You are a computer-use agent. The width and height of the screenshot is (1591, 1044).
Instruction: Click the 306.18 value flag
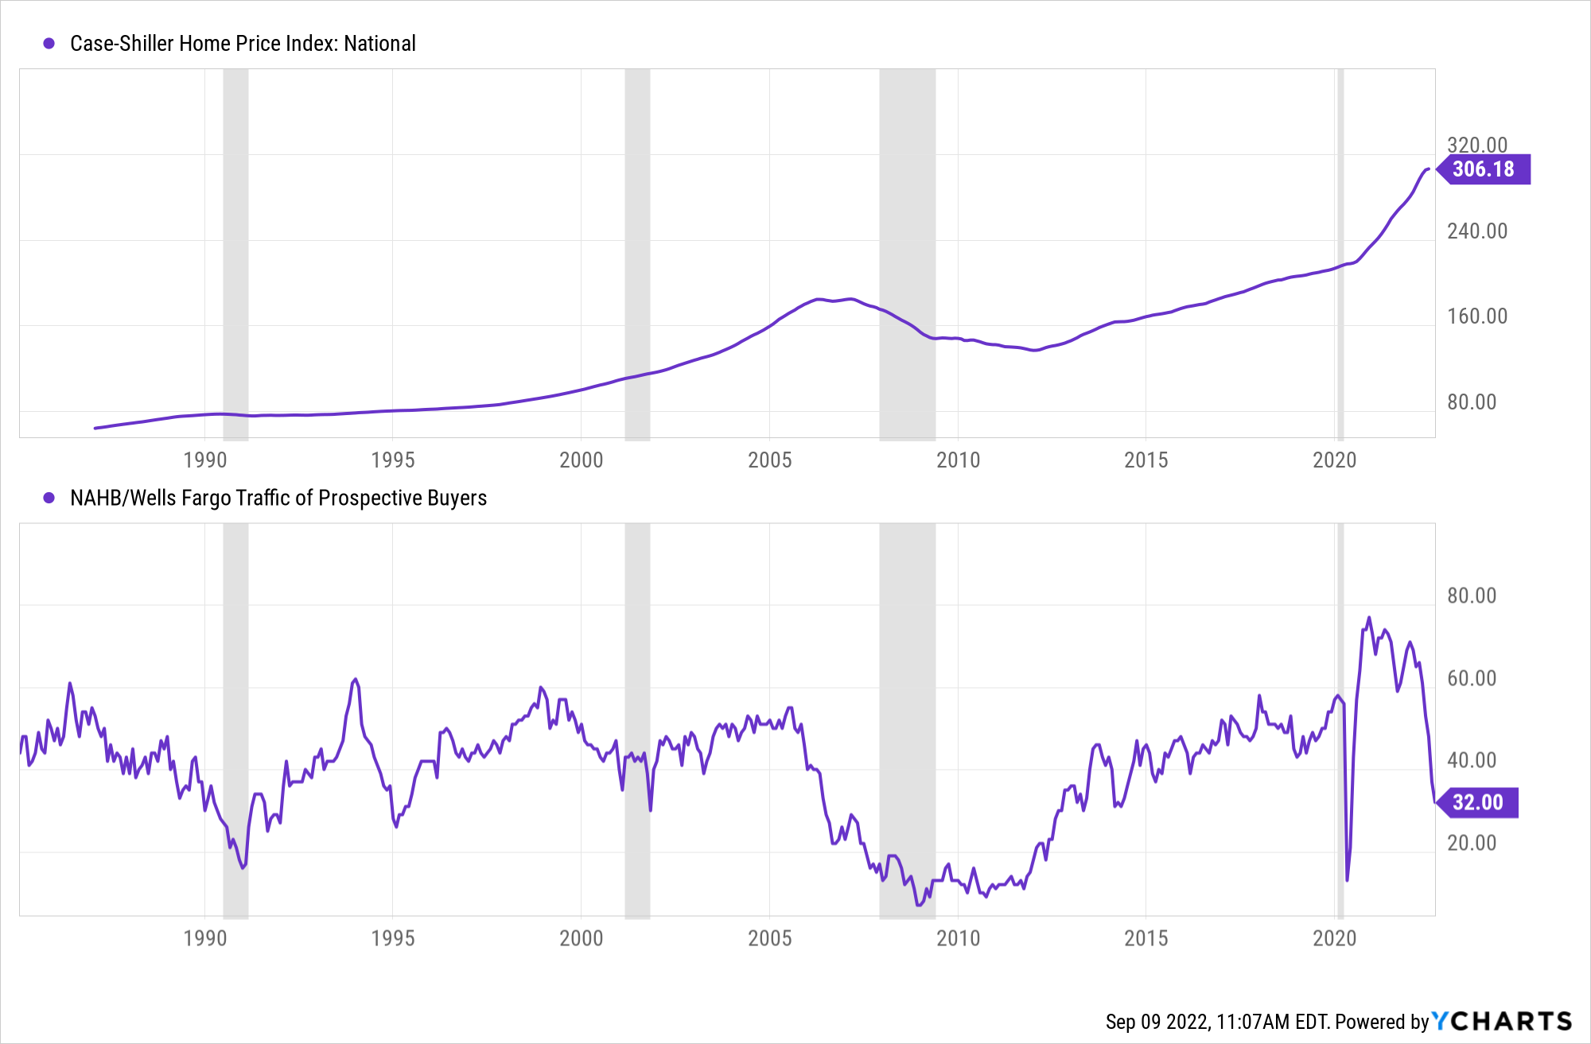click(1484, 169)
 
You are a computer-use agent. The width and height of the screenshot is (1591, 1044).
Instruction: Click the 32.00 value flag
click(1478, 802)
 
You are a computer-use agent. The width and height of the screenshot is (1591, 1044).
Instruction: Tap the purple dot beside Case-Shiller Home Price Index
click(49, 44)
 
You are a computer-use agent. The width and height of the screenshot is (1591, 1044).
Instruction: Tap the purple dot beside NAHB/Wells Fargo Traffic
click(49, 498)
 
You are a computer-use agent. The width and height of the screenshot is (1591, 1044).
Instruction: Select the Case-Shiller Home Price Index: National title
click(243, 44)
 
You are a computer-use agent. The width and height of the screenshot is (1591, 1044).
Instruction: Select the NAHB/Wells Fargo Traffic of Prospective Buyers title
click(278, 498)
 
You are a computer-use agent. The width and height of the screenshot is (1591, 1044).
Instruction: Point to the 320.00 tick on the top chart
click(1477, 145)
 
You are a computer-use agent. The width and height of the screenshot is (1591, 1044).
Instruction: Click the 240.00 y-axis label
click(1477, 231)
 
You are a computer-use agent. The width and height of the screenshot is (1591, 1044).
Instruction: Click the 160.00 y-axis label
click(1477, 316)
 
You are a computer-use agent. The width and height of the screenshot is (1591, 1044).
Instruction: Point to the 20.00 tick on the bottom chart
click(1472, 843)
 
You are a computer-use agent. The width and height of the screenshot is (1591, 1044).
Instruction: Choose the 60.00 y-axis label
click(1472, 678)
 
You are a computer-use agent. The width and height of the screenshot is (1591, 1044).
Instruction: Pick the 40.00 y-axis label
click(1472, 761)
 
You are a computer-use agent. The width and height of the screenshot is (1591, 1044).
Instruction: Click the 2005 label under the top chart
click(769, 460)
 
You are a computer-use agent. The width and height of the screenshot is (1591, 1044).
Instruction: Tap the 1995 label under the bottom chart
click(393, 938)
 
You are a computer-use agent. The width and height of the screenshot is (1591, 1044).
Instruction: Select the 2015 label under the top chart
click(1146, 460)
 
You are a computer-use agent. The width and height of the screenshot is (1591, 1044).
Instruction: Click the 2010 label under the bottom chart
click(958, 938)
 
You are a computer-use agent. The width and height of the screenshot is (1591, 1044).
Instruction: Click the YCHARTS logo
click(1502, 1021)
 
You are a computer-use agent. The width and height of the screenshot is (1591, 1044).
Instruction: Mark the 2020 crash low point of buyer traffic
click(1347, 879)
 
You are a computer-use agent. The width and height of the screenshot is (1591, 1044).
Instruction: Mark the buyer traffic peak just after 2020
click(1369, 618)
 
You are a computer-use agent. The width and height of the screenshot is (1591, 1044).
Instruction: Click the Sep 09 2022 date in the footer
click(1157, 1022)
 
